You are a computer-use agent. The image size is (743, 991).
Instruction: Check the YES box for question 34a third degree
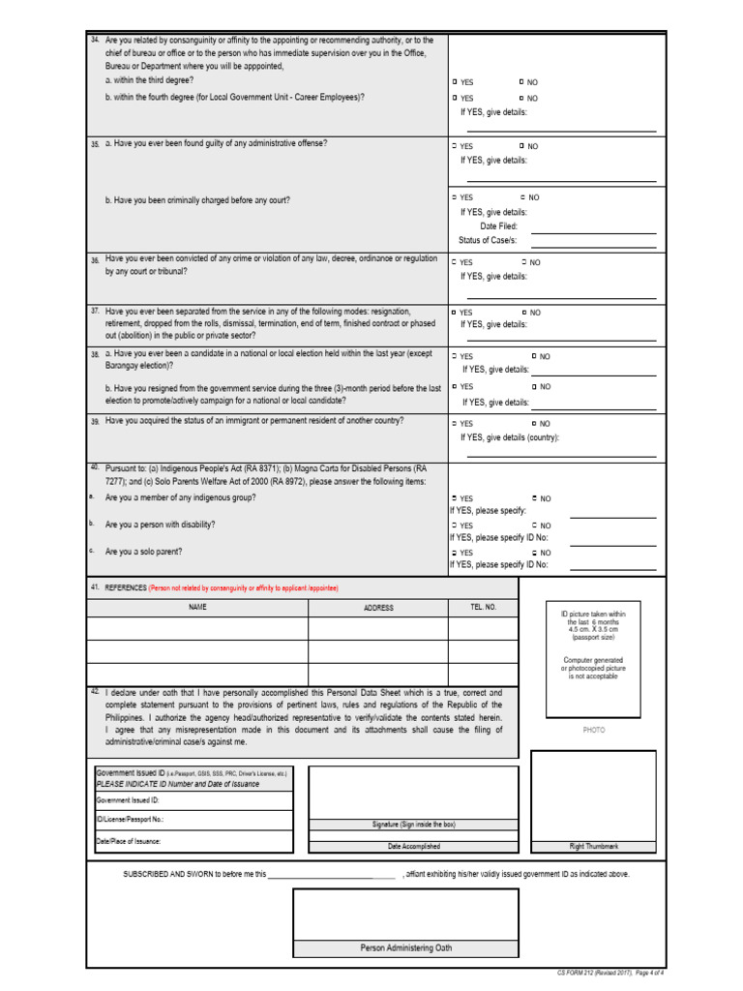click(455, 82)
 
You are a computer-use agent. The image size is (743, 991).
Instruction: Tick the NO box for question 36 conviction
click(523, 262)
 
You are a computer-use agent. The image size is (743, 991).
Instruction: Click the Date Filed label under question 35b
click(499, 225)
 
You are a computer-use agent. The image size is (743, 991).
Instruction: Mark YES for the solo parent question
click(454, 553)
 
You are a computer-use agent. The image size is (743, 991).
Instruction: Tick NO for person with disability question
click(534, 526)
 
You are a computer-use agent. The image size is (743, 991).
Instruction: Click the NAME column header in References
click(197, 607)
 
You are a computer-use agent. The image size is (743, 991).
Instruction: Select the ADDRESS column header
click(378, 608)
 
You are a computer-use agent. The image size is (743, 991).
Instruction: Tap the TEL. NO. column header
click(483, 607)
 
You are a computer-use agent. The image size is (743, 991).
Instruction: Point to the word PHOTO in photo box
click(593, 730)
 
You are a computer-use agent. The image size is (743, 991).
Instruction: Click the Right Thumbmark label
click(593, 846)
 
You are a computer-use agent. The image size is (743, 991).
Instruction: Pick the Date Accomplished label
click(413, 846)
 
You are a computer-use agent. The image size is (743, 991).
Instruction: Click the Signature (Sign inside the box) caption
click(413, 825)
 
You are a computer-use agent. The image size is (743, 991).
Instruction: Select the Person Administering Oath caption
click(405, 947)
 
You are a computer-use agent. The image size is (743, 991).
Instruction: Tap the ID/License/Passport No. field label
click(131, 820)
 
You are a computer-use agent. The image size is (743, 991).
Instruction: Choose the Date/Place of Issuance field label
click(129, 841)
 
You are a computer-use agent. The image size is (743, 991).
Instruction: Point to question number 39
click(95, 422)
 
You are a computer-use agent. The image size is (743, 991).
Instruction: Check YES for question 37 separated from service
click(455, 313)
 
